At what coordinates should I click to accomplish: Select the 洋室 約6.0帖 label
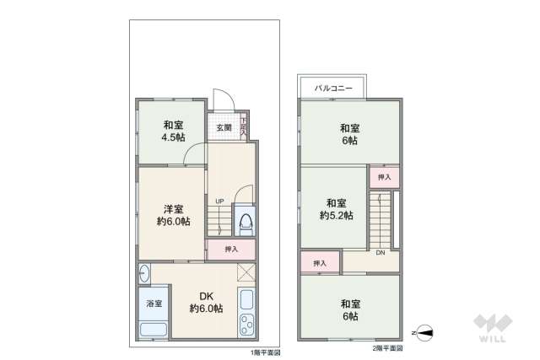(172, 215)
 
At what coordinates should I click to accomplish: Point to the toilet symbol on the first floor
(246, 221)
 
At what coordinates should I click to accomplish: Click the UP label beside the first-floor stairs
(219, 201)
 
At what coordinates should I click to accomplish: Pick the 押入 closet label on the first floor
(231, 250)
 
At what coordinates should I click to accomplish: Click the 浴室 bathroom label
(154, 303)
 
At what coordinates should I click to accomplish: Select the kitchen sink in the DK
(247, 299)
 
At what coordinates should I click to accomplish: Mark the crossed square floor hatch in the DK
(247, 271)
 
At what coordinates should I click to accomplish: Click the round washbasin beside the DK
(144, 273)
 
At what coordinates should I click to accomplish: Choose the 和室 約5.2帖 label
(336, 209)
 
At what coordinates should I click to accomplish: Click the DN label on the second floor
(381, 253)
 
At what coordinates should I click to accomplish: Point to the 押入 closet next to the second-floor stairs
(384, 178)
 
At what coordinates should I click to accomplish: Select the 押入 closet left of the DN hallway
(320, 264)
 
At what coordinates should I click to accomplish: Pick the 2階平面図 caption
(387, 347)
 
